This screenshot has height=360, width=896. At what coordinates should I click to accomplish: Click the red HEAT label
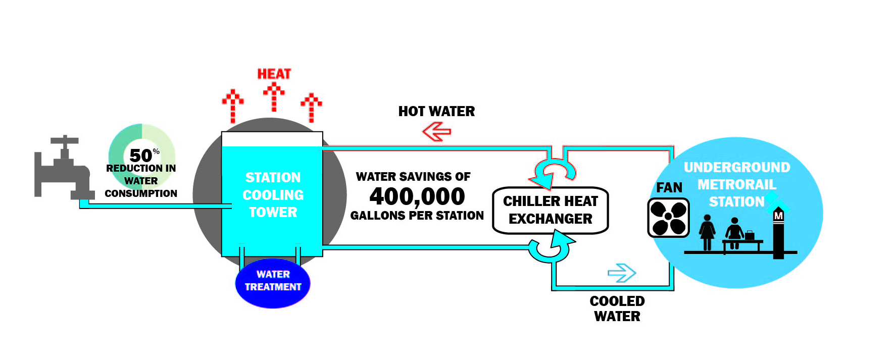tap(274, 74)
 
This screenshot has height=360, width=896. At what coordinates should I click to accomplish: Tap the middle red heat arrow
tap(274, 97)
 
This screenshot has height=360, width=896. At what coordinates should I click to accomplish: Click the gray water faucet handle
tap(64, 141)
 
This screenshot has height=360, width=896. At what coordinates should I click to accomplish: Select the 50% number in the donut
tap(141, 155)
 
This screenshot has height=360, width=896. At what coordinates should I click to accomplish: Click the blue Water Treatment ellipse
tap(273, 282)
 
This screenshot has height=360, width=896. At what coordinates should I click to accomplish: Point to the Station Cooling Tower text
tap(273, 195)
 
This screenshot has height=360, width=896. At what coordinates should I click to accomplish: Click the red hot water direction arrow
tap(436, 132)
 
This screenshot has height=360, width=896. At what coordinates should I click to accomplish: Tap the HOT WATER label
tap(436, 112)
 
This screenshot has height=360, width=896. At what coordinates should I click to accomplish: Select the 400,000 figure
tap(417, 196)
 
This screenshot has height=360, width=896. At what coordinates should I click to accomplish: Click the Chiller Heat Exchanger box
tap(550, 210)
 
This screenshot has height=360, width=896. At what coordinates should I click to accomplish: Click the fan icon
tap(668, 218)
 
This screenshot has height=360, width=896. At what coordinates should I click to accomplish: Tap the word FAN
tap(669, 188)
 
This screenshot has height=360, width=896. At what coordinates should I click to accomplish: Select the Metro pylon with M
tap(778, 232)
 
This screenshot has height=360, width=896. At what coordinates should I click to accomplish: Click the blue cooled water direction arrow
tap(622, 273)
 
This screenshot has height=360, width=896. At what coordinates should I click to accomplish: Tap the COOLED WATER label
tap(617, 308)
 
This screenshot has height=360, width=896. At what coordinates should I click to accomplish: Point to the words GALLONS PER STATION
tap(417, 216)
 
